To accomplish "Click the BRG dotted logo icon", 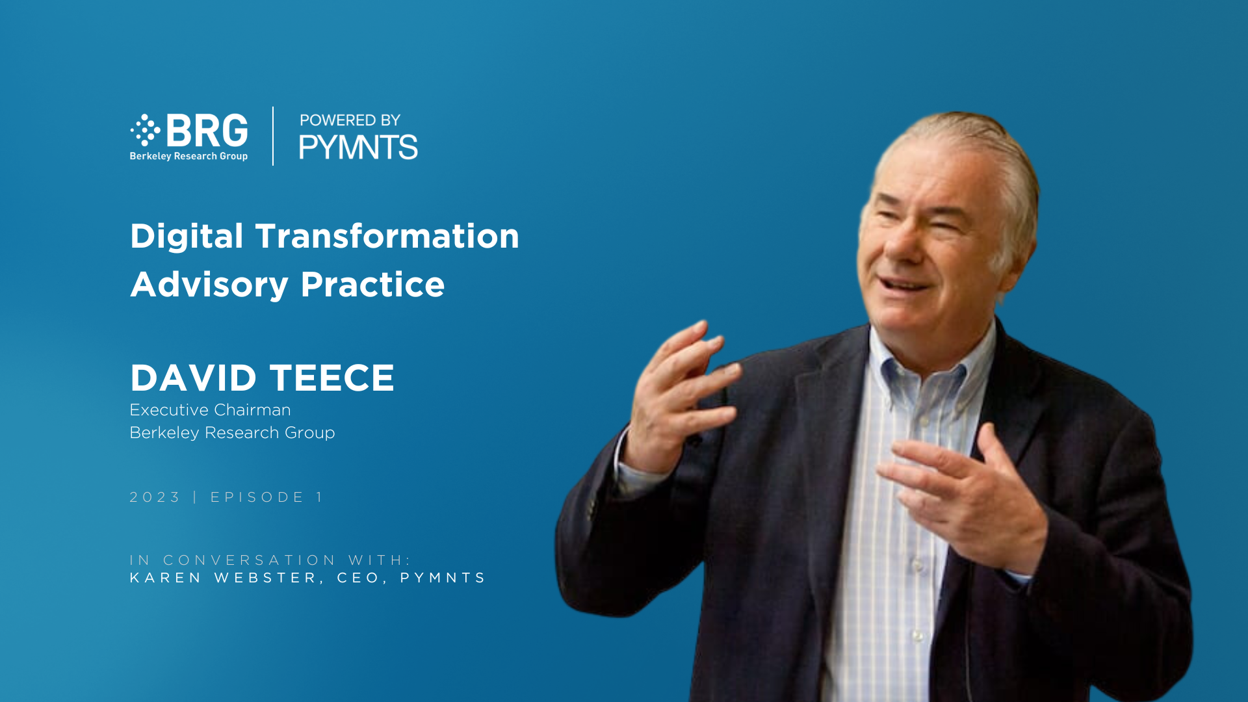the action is point(146,130).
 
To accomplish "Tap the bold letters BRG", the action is point(207,131).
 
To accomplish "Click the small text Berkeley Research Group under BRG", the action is point(188,156).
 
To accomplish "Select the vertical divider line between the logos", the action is point(273,136).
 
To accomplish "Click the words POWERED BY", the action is point(350,120).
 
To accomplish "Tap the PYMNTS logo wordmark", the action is point(358,147).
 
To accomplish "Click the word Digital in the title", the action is point(187,237).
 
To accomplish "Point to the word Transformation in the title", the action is point(387,235).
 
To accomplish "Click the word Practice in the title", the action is point(372,285).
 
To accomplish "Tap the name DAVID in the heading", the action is point(194,378).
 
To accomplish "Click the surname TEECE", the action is point(332,378).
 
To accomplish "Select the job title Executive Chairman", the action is point(210,410).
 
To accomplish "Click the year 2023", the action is point(155,497).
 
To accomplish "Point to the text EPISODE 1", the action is point(266,497).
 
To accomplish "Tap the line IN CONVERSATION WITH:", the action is point(270,560).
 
